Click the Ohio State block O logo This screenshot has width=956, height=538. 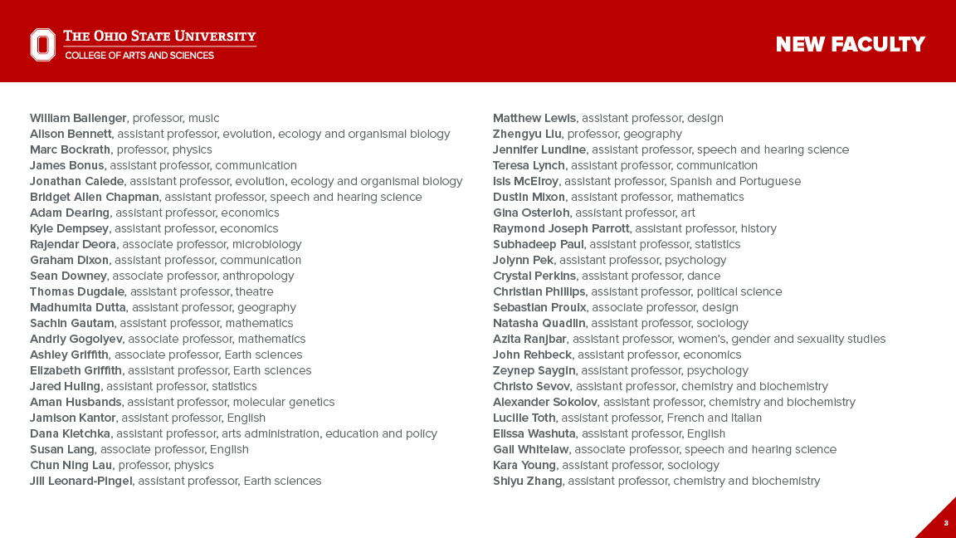point(43,45)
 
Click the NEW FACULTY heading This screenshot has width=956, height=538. point(850,45)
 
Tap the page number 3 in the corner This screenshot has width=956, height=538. point(945,523)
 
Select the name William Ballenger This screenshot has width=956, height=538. point(78,118)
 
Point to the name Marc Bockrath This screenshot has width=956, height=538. point(70,149)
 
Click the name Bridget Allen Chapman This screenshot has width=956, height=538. point(94,197)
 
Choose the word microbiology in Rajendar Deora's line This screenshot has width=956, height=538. point(266,244)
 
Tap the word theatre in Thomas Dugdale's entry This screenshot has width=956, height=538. point(254,291)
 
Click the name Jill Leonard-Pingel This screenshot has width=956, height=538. point(80,481)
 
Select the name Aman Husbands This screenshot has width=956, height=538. point(76,402)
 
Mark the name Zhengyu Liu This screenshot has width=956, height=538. point(527,134)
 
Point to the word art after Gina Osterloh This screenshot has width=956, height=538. point(687,213)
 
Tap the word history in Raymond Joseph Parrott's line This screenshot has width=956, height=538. point(758,228)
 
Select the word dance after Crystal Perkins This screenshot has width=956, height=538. point(704,276)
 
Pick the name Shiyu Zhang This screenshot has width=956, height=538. point(527,481)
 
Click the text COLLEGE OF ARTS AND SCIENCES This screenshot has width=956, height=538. point(139,56)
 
